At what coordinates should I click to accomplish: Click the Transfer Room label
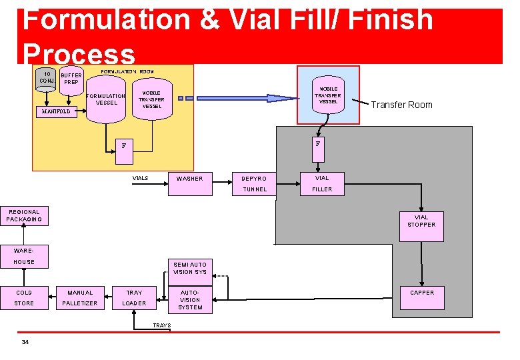[x=401, y=105]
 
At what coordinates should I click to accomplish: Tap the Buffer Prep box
[x=71, y=79]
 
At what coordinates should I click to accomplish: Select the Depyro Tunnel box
[x=254, y=183]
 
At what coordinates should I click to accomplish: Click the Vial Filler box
[x=322, y=183]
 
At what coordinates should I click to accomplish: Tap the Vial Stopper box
[x=421, y=221]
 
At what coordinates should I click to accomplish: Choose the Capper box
[x=421, y=298]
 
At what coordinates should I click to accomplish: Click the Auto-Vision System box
[x=190, y=299]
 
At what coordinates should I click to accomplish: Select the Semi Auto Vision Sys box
[x=190, y=268]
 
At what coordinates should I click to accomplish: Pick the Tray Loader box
[x=135, y=298]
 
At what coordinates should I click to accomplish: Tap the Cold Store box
[x=24, y=298]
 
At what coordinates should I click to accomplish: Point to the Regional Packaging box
[x=24, y=216]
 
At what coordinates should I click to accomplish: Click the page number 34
[x=25, y=343]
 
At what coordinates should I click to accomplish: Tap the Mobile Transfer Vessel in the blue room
[x=328, y=97]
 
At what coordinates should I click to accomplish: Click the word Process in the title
[x=78, y=53]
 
